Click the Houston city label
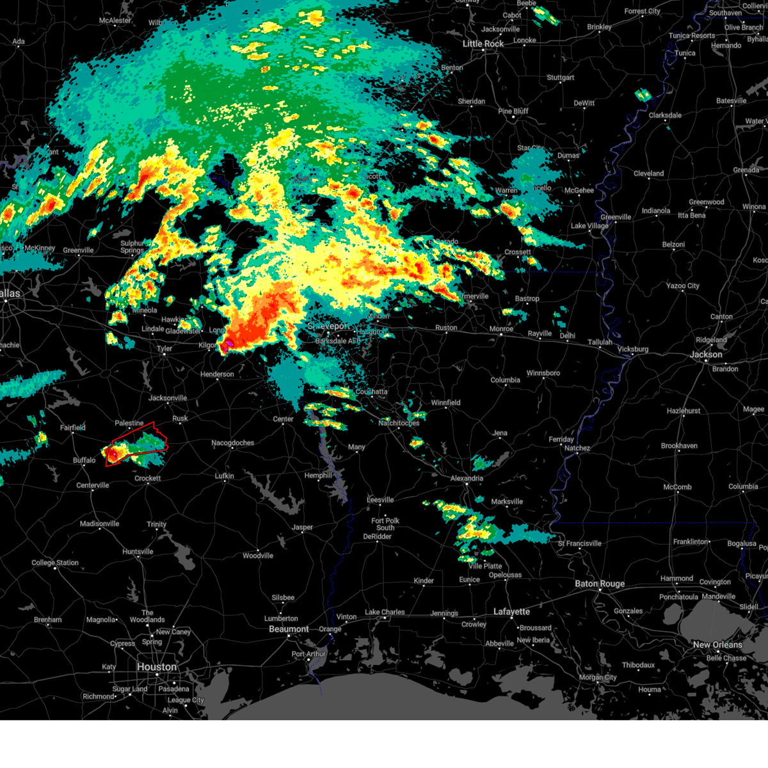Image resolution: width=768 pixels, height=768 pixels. [156, 667]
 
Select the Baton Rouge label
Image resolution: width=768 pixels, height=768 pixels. [600, 584]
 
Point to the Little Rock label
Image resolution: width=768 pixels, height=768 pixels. [483, 44]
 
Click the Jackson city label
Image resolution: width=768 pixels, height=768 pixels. [706, 355]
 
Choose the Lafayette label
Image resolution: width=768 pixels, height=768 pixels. [512, 612]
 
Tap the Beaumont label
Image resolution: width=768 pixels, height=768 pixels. [289, 629]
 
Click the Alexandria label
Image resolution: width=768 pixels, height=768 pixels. [467, 478]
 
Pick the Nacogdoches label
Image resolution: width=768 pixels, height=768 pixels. [233, 443]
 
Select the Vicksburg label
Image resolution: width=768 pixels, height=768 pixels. [632, 349]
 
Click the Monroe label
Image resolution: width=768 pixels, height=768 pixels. [501, 329]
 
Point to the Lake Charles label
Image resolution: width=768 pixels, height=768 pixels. [385, 612]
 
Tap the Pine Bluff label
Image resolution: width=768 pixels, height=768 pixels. [513, 111]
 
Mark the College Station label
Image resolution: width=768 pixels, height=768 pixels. [55, 563]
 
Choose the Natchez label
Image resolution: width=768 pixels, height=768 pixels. [577, 448]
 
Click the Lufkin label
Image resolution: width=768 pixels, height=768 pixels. [224, 476]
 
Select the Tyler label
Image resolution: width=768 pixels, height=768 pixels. [164, 349]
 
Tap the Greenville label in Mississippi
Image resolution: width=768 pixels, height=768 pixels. [616, 217]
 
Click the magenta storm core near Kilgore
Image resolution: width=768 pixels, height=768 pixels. [226, 346]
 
